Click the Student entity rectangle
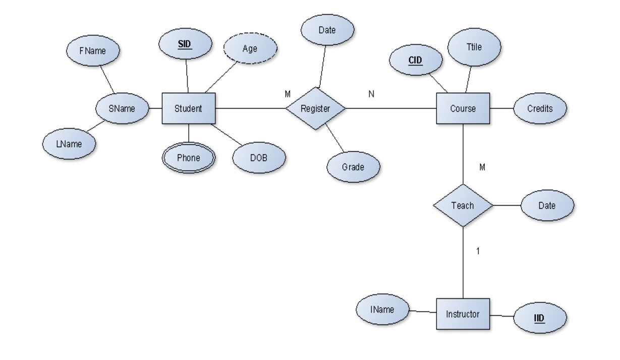[x=188, y=108]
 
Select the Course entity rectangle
[x=463, y=108]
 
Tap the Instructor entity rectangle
[x=462, y=314]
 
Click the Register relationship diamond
[x=316, y=108]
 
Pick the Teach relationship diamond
[x=462, y=206]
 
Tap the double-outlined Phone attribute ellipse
[x=188, y=157]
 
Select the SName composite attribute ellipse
[x=122, y=108]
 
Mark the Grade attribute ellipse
[x=353, y=167]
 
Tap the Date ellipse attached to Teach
[x=547, y=206]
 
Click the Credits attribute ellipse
[x=540, y=108]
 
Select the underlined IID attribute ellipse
[x=539, y=318]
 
